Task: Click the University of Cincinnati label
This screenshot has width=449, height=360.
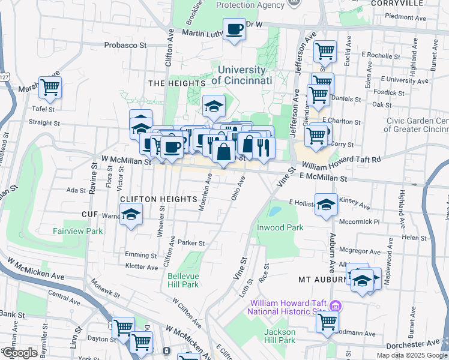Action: tap(242, 75)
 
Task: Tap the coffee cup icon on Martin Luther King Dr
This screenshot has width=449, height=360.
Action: tap(234, 29)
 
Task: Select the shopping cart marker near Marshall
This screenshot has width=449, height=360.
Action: tap(50, 88)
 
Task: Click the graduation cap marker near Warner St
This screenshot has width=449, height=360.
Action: tap(130, 214)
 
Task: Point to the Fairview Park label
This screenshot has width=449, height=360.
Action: tap(77, 231)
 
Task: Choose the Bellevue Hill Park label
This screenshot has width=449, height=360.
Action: tap(182, 280)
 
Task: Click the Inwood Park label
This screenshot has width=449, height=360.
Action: tap(280, 227)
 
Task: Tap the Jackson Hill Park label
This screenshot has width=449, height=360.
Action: tap(280, 336)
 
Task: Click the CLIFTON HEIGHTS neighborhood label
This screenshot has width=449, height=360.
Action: tap(158, 199)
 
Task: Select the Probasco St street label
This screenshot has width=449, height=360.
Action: tap(125, 44)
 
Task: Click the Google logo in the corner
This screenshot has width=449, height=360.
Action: tap(20, 353)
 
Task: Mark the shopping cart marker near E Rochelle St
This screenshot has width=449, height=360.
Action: tap(325, 52)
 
